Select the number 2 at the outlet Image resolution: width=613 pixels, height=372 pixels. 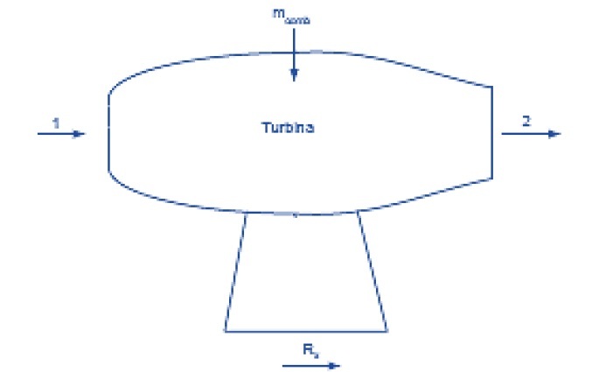(526, 121)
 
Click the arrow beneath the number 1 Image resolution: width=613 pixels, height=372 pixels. (62, 134)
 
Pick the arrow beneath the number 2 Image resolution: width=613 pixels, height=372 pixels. (530, 134)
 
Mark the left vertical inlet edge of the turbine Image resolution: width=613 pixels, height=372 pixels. (108, 131)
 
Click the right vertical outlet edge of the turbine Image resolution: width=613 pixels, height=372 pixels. (492, 131)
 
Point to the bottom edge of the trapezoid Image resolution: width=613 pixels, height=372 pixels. (306, 331)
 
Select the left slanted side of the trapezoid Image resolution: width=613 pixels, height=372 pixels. (235, 271)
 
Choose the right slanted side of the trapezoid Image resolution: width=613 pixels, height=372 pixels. (373, 271)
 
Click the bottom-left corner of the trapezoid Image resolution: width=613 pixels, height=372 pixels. (225, 331)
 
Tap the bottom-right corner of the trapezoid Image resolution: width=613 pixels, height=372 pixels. (387, 331)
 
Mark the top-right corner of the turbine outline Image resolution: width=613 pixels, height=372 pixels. (492, 86)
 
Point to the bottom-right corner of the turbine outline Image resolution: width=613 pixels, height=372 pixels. (492, 178)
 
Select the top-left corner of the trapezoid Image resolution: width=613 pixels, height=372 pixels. (246, 213)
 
